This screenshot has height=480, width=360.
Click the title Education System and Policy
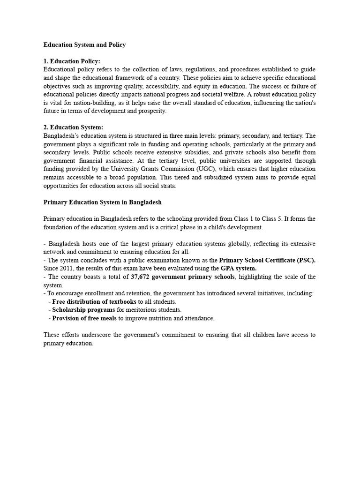pyautogui.click(x=84, y=45)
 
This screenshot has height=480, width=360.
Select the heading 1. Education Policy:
pyautogui.click(x=72, y=61)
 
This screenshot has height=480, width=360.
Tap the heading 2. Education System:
pyautogui.click(x=73, y=127)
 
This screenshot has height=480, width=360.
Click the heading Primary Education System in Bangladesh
pyautogui.click(x=103, y=202)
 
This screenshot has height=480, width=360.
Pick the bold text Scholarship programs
pyautogui.click(x=83, y=310)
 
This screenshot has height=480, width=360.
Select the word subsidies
pyautogui.click(x=192, y=152)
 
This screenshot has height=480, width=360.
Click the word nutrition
pyautogui.click(x=158, y=318)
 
